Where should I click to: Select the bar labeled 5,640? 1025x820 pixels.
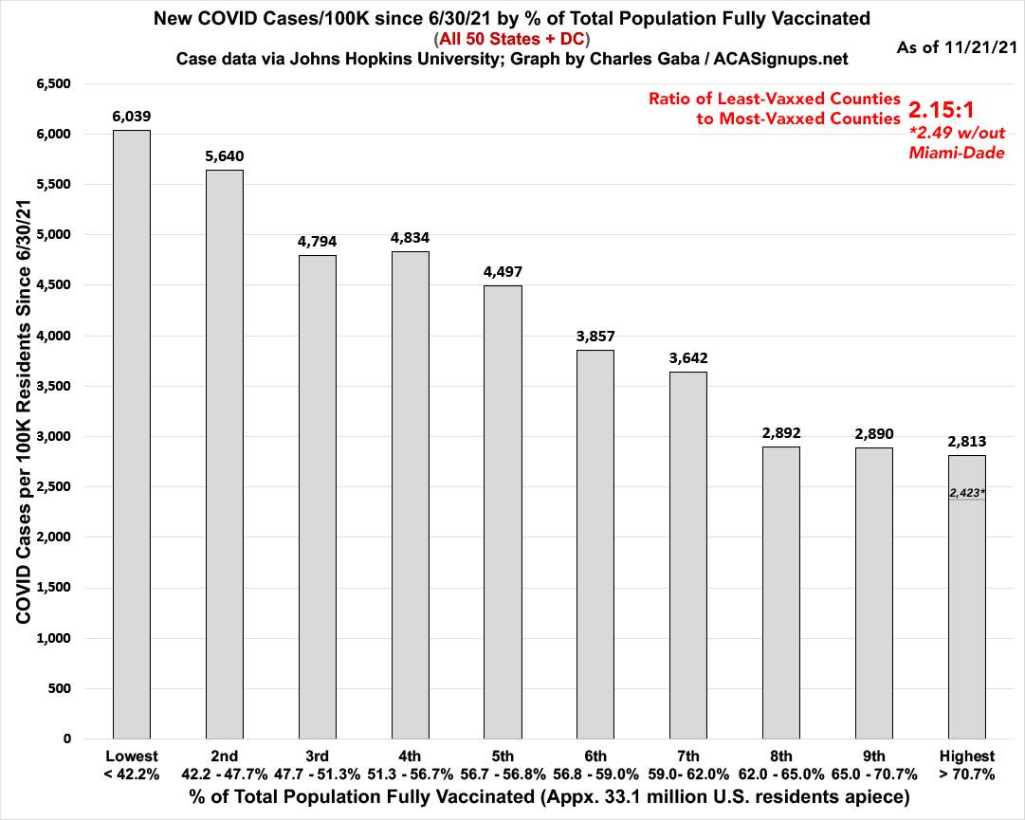click(x=224, y=454)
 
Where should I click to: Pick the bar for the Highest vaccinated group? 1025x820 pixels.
click(x=967, y=597)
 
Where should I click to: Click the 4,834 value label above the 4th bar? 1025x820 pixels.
click(x=410, y=237)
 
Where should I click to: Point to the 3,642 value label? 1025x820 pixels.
click(x=688, y=357)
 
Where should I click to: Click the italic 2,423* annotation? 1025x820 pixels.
click(x=967, y=493)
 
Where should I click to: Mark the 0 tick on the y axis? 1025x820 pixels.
click(x=67, y=738)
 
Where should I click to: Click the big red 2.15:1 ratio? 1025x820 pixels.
click(x=954, y=107)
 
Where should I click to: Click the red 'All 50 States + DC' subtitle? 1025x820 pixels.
click(x=512, y=39)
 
